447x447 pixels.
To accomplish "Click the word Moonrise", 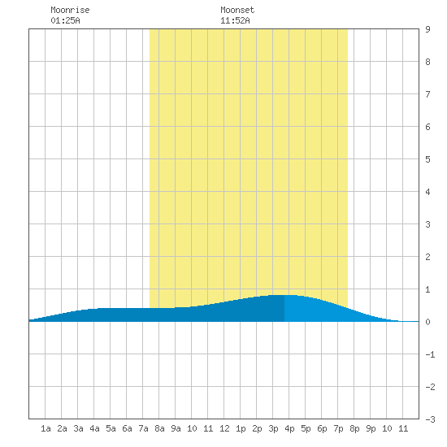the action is pyautogui.click(x=70, y=10).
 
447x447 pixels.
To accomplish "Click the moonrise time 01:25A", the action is pyautogui.click(x=65, y=20).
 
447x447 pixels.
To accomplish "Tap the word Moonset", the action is pyautogui.click(x=237, y=10).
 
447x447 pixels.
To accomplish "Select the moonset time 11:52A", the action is pyautogui.click(x=235, y=20).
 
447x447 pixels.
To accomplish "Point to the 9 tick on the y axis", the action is pyautogui.click(x=427, y=29).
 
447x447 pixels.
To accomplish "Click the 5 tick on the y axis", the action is pyautogui.click(x=427, y=159).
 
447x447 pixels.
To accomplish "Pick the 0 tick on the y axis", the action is pyautogui.click(x=427, y=322).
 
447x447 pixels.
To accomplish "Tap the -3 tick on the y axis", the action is pyautogui.click(x=430, y=419).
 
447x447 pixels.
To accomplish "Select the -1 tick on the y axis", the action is pyautogui.click(x=430, y=354).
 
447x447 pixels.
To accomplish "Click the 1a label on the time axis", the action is pyautogui.click(x=46, y=428).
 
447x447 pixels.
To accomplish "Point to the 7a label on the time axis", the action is pyautogui.click(x=143, y=428).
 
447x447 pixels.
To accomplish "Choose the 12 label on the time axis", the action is pyautogui.click(x=224, y=428).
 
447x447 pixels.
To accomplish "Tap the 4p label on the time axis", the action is pyautogui.click(x=289, y=428).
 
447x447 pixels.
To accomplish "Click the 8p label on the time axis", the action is pyautogui.click(x=354, y=428).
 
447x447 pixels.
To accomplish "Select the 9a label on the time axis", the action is pyautogui.click(x=176, y=428).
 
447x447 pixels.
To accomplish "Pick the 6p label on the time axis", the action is pyautogui.click(x=322, y=428).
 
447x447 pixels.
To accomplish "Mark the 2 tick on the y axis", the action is pyautogui.click(x=427, y=257).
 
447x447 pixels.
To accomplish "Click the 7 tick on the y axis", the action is pyautogui.click(x=427, y=94).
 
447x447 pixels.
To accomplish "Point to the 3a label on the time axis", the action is pyautogui.click(x=78, y=428).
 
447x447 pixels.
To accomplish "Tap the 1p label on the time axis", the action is pyautogui.click(x=241, y=428).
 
